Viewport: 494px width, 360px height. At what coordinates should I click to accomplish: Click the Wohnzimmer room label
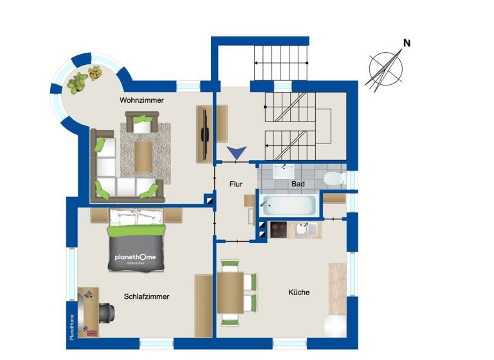point(142,100)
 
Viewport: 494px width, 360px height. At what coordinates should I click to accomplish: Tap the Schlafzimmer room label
point(147,296)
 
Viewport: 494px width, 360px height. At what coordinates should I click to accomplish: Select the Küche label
point(299,292)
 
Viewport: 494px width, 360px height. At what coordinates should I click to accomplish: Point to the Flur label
point(236,184)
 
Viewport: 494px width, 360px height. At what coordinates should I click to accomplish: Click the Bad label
point(298,184)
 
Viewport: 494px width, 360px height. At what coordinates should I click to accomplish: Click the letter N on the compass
point(407,43)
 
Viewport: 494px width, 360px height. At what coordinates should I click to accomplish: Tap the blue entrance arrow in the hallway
point(237,153)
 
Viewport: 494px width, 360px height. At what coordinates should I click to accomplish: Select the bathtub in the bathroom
point(288,206)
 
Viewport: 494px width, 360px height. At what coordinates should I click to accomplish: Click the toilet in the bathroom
point(334,177)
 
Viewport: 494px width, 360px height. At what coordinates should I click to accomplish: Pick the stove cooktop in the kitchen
point(279,230)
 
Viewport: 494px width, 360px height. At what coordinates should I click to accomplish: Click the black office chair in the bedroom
point(107,311)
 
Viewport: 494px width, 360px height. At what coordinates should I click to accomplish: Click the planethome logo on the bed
point(135,258)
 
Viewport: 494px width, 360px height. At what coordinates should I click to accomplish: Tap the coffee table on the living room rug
point(144,156)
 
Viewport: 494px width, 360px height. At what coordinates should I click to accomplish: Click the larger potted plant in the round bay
point(78,82)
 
